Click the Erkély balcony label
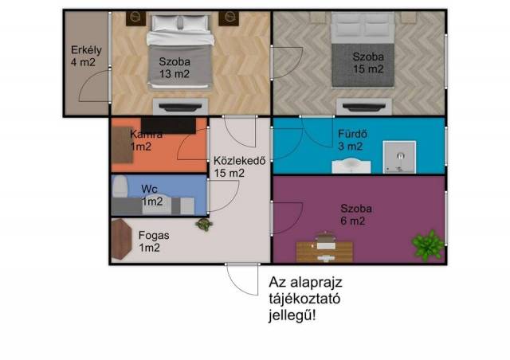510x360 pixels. pos(86,56)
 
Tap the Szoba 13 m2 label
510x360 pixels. pos(175,68)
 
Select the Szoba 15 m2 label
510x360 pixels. pos(368,63)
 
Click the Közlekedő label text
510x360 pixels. pos(239,161)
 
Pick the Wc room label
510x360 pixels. pos(152,195)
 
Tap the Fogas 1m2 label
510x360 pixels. pos(154,241)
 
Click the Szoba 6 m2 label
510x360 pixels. pos(356,214)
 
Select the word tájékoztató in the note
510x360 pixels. pos(304,299)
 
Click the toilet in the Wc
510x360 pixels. pos(120,186)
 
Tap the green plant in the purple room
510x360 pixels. pos(428,245)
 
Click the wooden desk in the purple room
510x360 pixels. pos(324,252)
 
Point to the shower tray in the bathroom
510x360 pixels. pos(399,157)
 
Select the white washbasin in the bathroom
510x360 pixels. pos(351,166)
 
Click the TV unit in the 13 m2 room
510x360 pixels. pos(180,107)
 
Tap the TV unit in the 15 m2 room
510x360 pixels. pos(364,107)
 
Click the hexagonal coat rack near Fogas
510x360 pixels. pos(121,239)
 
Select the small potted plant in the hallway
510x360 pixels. pos(204,225)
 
